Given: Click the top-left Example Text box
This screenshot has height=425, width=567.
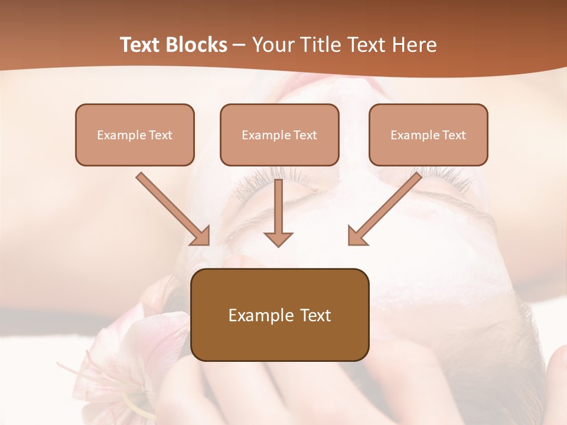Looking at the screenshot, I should click(x=135, y=135).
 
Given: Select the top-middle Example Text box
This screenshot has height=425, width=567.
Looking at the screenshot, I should click(x=279, y=135).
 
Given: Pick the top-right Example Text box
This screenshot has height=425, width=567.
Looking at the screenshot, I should click(x=428, y=135).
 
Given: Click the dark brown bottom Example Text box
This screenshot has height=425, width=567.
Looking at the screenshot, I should click(x=279, y=315).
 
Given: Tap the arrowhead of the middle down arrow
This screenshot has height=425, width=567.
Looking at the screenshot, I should click(x=278, y=238).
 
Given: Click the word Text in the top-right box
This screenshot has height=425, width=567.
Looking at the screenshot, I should click(x=454, y=135).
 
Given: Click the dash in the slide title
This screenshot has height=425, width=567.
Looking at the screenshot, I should click(x=240, y=45).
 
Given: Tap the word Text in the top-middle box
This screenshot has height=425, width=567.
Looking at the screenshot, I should click(x=305, y=135).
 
